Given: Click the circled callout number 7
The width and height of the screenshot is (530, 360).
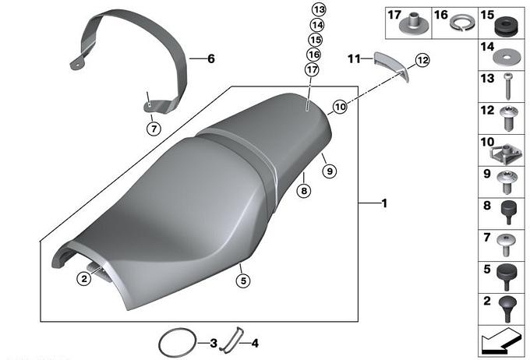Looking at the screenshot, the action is coord(154,129).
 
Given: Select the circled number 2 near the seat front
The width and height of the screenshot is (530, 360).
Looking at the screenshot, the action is coord(84,278).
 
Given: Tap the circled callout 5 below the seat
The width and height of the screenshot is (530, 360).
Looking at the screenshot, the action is coord(243,281).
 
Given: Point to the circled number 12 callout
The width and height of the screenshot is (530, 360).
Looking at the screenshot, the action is coord(422,61).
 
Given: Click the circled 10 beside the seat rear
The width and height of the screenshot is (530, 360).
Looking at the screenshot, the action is coord(340,107).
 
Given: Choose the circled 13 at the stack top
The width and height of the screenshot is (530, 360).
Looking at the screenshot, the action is coord(319,9).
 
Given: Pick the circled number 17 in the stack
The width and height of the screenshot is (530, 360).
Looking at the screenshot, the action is coord(312,69).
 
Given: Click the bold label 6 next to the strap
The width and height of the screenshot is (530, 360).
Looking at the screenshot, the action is coord(211,58).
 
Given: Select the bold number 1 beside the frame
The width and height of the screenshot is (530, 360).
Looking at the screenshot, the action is coord(384,203).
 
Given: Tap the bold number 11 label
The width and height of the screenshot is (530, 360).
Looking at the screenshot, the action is coord(354,59).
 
